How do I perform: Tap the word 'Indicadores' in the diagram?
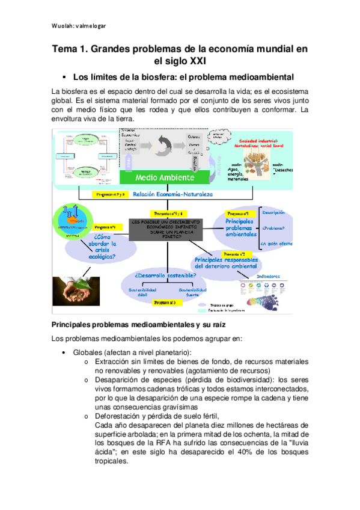[269, 276]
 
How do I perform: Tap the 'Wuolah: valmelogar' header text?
[78, 25]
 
